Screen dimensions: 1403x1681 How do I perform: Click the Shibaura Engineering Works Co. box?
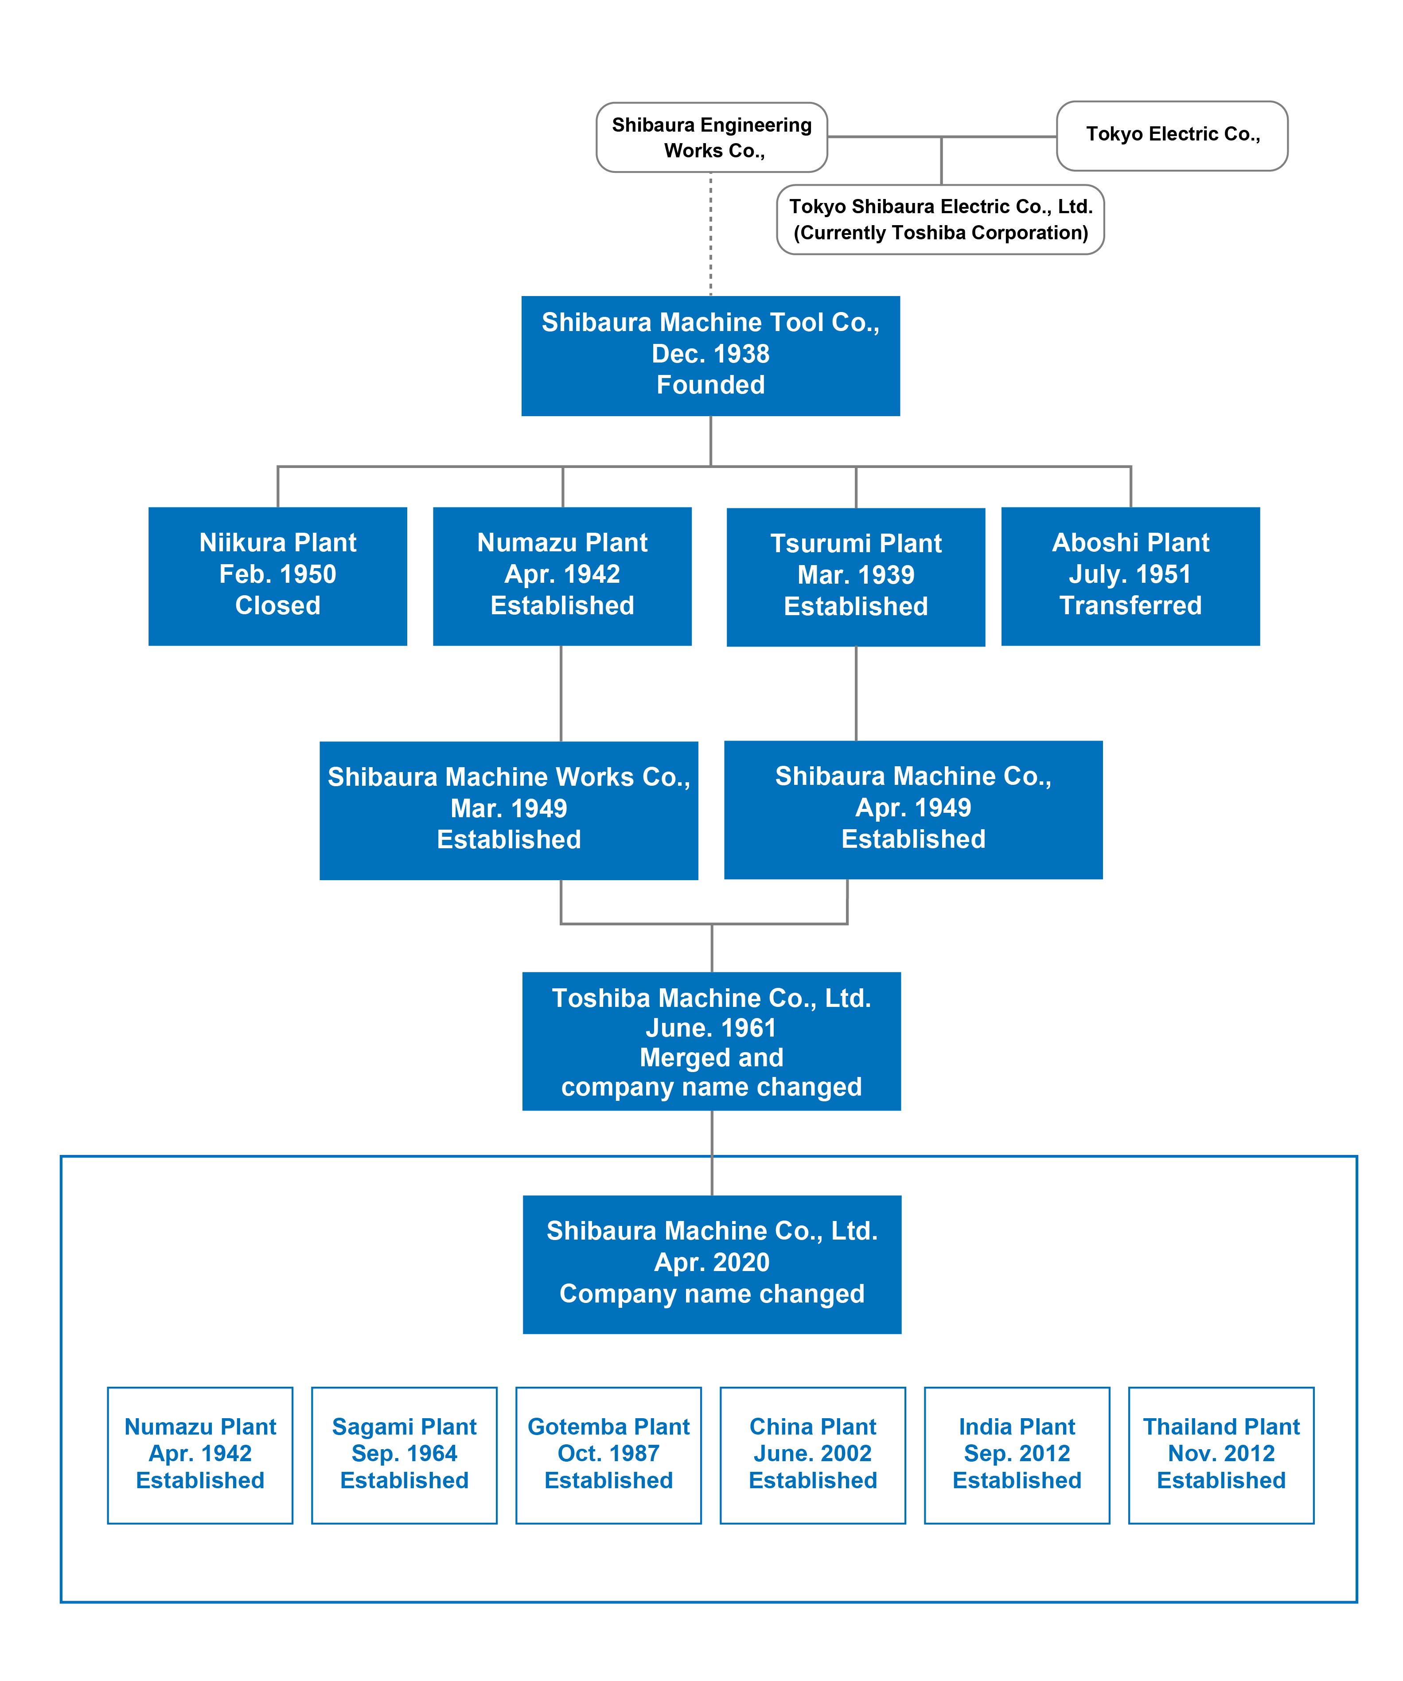click(712, 137)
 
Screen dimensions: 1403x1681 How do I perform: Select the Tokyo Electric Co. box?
click(1172, 135)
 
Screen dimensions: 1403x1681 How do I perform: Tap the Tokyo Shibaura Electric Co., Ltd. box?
click(940, 219)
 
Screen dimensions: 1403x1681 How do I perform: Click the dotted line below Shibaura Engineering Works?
click(711, 234)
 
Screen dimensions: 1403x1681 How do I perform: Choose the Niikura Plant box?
click(278, 576)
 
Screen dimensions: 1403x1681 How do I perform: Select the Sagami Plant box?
click(404, 1455)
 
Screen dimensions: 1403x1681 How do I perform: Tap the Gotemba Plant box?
click(608, 1455)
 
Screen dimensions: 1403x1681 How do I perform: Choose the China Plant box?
click(813, 1455)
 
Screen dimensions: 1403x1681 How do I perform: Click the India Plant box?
click(1017, 1455)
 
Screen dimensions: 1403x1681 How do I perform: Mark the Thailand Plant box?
click(1221, 1455)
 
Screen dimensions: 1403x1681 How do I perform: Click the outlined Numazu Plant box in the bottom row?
click(200, 1455)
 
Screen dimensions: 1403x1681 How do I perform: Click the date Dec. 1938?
click(711, 354)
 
